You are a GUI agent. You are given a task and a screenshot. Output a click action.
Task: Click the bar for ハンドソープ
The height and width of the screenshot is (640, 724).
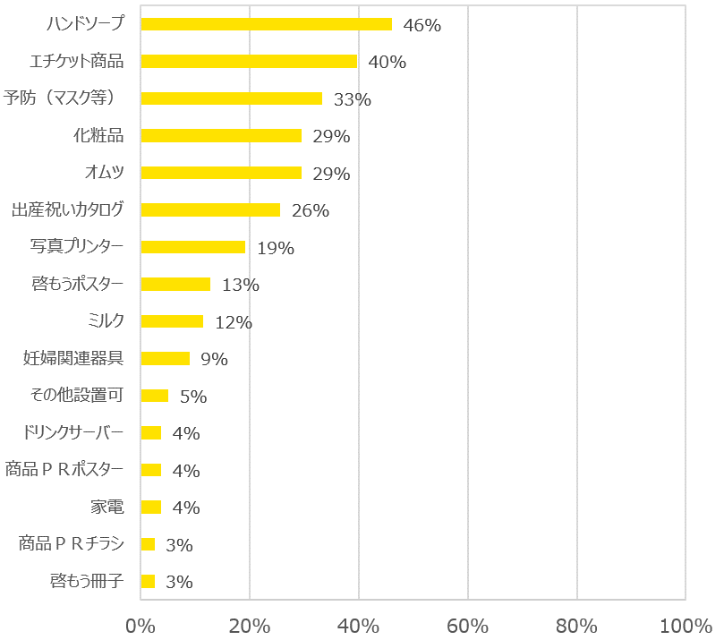coord(266,24)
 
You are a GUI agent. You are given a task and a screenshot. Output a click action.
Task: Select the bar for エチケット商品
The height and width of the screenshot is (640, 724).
coord(249,61)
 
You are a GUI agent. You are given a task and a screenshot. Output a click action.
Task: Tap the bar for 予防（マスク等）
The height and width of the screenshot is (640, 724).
coord(231,98)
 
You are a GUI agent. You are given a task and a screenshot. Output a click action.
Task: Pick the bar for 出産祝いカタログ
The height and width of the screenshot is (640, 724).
coord(210,209)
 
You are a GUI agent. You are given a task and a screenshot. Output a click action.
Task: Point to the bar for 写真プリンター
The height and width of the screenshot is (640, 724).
coord(192,247)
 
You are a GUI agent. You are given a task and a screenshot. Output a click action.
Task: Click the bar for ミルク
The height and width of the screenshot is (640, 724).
coord(172,321)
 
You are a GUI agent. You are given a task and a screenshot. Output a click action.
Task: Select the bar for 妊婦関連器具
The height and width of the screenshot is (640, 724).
coord(165,358)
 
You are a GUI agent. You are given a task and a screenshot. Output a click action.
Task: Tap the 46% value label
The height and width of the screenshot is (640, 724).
coord(422,25)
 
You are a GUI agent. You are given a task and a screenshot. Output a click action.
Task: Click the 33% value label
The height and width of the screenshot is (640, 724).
coord(352,99)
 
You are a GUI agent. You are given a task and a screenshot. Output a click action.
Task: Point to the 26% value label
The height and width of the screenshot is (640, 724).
coord(311,211)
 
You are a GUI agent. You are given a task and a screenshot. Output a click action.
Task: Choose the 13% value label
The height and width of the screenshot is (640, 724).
coord(240,286)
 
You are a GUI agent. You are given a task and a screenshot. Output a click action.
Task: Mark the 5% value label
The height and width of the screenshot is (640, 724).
coord(192,397)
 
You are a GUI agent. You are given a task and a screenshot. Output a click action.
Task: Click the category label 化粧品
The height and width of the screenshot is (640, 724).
coord(98,136)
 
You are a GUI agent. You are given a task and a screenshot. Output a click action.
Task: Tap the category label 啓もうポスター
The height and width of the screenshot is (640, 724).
coord(78,284)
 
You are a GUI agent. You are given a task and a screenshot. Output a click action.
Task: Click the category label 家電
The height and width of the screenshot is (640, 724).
coord(106,507)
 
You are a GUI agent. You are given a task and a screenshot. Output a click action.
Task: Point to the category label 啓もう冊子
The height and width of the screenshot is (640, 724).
coord(87,581)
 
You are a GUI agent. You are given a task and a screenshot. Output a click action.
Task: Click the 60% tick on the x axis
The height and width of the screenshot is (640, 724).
coord(467,624)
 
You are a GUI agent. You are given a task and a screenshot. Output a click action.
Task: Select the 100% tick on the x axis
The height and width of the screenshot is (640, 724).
coord(685,624)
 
